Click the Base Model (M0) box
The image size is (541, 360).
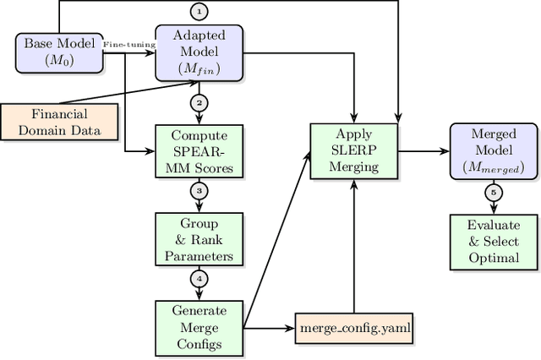(58, 52)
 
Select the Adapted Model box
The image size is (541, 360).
(199, 52)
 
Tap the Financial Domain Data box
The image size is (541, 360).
(58, 121)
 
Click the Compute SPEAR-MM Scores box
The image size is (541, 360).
(199, 151)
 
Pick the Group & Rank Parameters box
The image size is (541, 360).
(199, 239)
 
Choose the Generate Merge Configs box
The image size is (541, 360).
(199, 326)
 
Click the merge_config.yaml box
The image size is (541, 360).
(354, 326)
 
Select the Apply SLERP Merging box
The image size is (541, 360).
(354, 151)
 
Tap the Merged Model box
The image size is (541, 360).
(495, 151)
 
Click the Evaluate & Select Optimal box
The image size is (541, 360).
(495, 239)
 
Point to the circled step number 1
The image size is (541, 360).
(199, 11)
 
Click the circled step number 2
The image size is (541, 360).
(199, 102)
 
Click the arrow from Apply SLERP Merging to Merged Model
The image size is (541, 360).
(423, 151)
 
